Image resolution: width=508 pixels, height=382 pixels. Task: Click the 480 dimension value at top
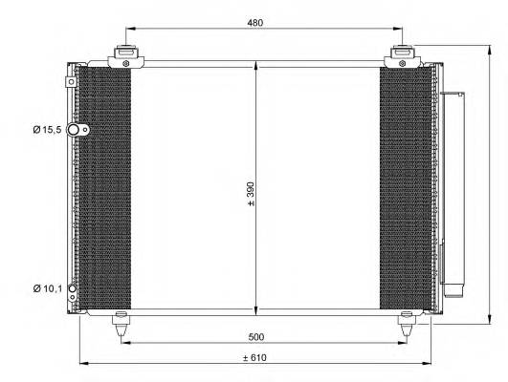pos(254,22)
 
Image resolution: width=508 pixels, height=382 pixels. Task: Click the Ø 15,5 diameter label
pos(46,129)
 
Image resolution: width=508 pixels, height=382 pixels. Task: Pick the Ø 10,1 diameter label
pos(46,287)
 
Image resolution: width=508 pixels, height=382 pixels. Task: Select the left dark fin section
pos(102,189)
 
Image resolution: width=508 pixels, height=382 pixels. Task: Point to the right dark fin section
pos(407,189)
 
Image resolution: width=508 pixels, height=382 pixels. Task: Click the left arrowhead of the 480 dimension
pos(128,29)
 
